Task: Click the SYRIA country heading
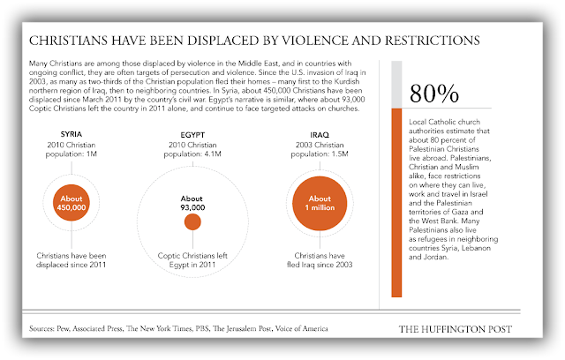pos(72,134)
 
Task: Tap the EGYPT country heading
pos(192,135)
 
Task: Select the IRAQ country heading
pos(320,135)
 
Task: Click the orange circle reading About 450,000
pos(72,203)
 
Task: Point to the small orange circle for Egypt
pos(192,221)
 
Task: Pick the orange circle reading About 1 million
pos(320,204)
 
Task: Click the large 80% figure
pos(434,94)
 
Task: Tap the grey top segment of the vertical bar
pos(396,85)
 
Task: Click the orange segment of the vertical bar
pos(396,203)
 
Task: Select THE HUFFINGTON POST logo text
pos(456,329)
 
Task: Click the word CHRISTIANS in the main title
pos(68,41)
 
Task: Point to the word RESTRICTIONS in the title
pos(433,41)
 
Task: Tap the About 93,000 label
pos(192,203)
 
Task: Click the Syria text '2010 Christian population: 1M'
pos(72,149)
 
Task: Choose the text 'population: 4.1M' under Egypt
pos(192,154)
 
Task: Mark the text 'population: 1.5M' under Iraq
pos(320,154)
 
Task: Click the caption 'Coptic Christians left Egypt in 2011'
pos(192,260)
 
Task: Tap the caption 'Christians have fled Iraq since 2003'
pos(320,260)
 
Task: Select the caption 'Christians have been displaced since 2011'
pos(72,260)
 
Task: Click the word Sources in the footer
pos(41,329)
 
